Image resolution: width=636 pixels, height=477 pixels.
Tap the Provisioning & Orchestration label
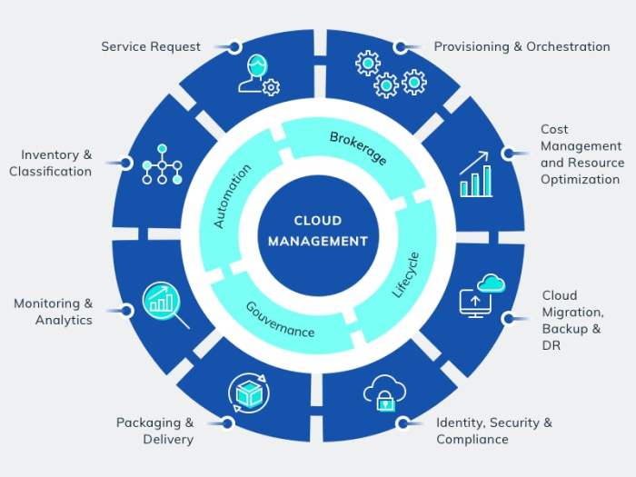tap(522, 46)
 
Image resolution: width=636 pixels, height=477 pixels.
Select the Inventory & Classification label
tap(51, 163)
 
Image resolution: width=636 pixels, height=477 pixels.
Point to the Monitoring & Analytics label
tap(53, 312)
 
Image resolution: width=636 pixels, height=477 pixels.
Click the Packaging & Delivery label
tap(154, 431)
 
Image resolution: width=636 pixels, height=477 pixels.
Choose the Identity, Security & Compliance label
tap(493, 431)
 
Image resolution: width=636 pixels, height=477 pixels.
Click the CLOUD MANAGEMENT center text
tap(318, 231)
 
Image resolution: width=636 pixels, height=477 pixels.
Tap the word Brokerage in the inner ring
tap(357, 148)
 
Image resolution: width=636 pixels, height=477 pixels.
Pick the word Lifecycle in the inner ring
tap(406, 275)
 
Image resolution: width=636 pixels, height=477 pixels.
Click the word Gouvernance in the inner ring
tap(280, 319)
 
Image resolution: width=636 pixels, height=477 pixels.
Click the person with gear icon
tap(258, 76)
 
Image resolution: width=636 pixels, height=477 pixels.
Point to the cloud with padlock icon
tap(383, 393)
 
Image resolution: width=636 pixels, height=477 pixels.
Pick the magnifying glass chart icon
tap(165, 303)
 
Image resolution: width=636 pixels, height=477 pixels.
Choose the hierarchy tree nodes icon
tap(161, 164)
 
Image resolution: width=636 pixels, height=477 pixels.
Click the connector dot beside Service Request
tap(234, 46)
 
